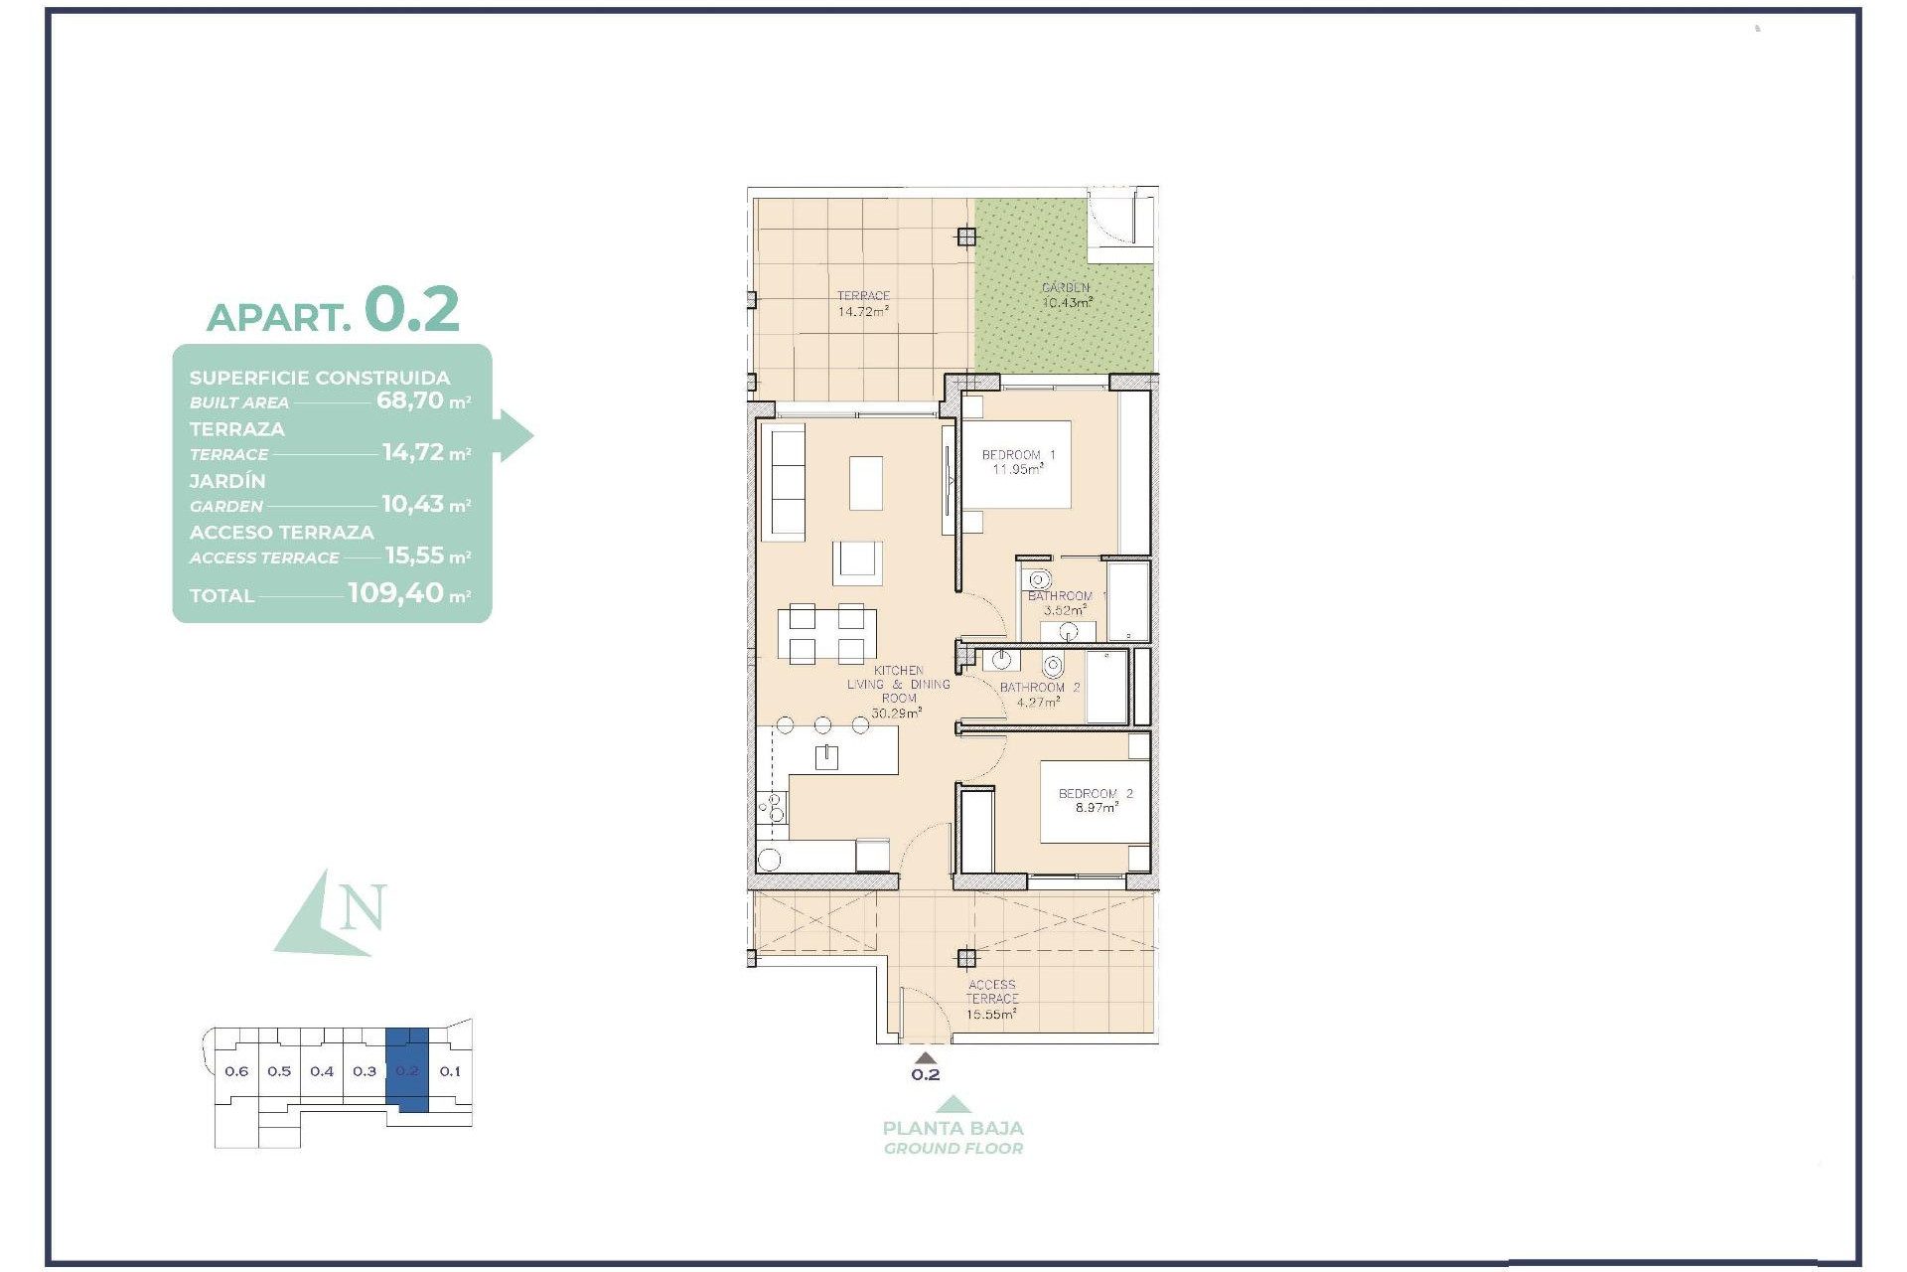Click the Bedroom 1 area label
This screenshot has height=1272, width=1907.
(1018, 462)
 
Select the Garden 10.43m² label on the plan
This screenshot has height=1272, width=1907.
(1066, 295)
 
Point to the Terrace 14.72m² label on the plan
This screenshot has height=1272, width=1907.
(862, 303)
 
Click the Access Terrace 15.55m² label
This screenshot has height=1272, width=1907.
(991, 1000)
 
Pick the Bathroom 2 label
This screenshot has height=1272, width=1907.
(1039, 694)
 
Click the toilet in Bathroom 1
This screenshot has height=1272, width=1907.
(1040, 580)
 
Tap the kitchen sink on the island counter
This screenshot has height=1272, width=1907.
(826, 757)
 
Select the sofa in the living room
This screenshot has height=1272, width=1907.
(784, 482)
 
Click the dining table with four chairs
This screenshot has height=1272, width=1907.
(826, 633)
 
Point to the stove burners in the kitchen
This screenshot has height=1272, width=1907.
(773, 807)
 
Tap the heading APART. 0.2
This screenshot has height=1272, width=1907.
(333, 310)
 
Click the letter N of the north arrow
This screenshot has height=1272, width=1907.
(363, 906)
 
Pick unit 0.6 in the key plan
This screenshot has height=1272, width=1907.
(236, 1071)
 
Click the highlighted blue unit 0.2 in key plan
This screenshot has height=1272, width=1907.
(407, 1071)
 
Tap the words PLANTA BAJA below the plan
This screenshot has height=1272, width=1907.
(953, 1128)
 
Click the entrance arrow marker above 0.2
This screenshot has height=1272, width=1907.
(925, 1057)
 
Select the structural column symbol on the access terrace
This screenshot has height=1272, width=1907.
(966, 958)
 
